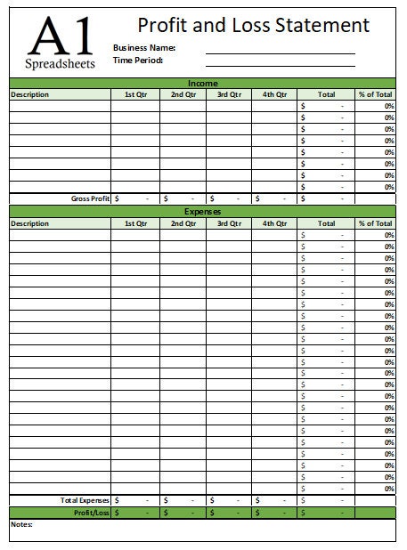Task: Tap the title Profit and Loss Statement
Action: pos(253,25)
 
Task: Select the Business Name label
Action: pos(144,47)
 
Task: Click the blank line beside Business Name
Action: pos(280,53)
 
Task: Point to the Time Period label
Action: pos(138,61)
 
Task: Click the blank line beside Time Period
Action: pos(280,65)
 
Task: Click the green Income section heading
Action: pos(202,83)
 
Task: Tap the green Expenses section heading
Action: pos(202,212)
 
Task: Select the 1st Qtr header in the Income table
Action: pos(135,94)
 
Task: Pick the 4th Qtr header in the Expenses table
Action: pos(274,223)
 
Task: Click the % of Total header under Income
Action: pos(375,94)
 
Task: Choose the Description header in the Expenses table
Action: pos(30,223)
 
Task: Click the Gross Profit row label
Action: pos(90,198)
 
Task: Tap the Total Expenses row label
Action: pos(85,500)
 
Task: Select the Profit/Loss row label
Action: pos(91,513)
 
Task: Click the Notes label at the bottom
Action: pos(21,524)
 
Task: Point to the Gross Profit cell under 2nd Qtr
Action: pos(183,198)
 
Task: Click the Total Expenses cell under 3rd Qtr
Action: pos(228,500)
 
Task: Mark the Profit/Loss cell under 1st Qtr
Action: pos(135,513)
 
